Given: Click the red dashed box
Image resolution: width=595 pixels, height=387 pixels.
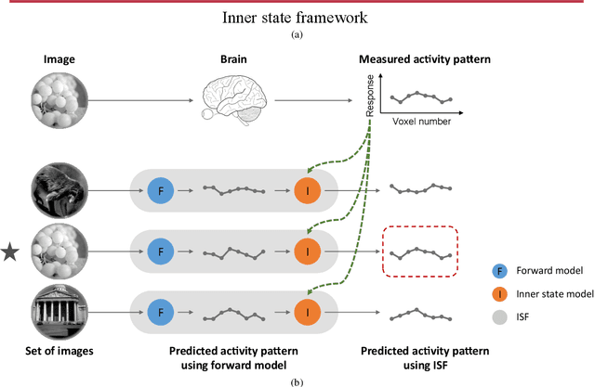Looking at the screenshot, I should point(420,251).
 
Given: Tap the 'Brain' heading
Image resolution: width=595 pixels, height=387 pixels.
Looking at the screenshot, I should point(233,59).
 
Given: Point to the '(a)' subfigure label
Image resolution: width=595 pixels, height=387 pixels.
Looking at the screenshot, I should point(297,33).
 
